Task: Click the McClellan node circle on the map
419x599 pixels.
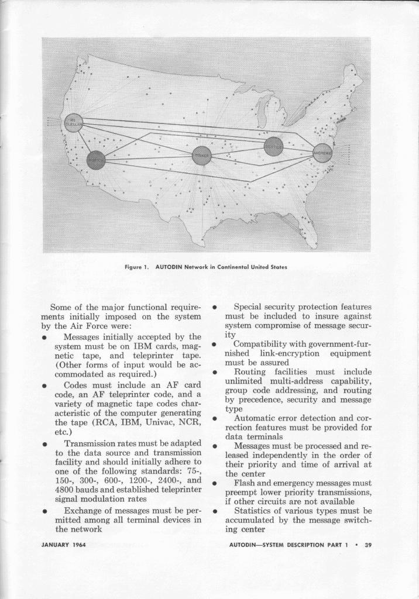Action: click(x=73, y=122)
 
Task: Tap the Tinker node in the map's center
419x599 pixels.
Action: click(x=201, y=156)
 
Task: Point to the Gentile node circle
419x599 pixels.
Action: click(x=273, y=146)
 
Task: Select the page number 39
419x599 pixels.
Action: click(x=368, y=545)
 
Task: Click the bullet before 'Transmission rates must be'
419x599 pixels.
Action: click(x=44, y=443)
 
